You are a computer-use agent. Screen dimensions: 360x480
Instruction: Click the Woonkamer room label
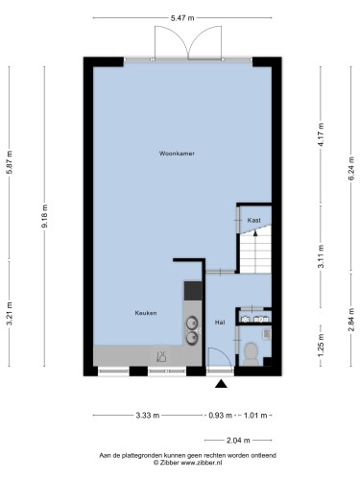177,154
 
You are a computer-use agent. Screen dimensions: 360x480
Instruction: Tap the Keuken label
146,313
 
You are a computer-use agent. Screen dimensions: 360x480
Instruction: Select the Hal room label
220,323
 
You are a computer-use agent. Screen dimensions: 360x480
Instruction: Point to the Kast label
254,220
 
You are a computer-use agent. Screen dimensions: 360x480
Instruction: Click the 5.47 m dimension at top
182,18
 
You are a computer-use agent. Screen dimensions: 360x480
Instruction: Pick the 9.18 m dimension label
44,216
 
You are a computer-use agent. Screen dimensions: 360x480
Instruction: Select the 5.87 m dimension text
10,162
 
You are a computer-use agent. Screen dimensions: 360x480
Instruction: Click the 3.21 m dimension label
10,314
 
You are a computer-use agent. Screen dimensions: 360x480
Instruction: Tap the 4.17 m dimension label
322,134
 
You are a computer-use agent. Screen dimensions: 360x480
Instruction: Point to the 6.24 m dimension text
351,168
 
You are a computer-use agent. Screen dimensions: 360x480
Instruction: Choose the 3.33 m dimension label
148,416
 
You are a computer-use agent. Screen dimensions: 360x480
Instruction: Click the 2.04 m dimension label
238,441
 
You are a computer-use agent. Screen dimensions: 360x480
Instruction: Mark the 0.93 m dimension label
220,416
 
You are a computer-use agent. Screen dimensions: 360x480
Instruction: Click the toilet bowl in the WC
251,353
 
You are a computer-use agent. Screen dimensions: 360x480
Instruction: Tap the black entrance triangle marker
221,384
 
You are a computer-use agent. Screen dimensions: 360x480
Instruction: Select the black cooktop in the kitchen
193,291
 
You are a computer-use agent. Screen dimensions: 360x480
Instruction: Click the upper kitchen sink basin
192,324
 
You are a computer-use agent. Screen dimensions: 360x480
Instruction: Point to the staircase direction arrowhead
255,233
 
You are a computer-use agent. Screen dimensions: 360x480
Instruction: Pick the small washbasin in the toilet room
267,334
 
